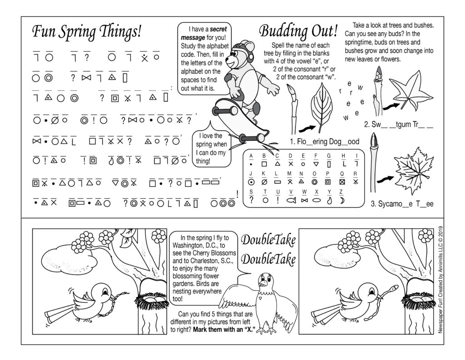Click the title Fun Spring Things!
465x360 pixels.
click(87, 32)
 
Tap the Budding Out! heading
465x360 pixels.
click(298, 32)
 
